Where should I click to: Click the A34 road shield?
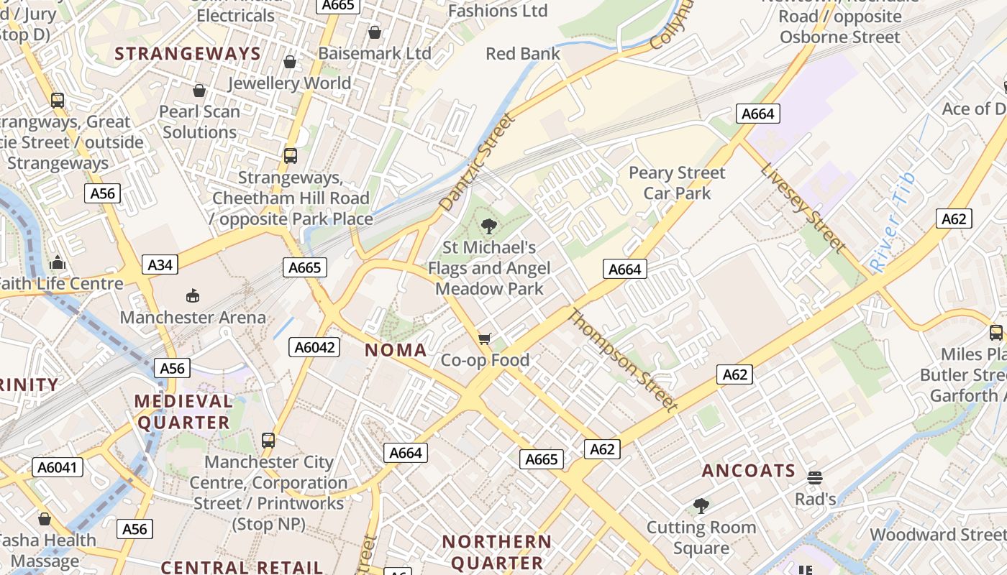point(160,264)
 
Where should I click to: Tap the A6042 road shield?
point(314,347)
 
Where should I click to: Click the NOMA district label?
point(396,350)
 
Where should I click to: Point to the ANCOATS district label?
point(748,471)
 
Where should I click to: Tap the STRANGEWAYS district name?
point(188,54)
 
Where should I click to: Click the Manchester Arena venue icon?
point(192,295)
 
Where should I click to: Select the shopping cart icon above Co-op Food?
point(485,339)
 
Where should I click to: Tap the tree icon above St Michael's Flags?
point(489,226)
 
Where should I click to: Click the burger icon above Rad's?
point(815,478)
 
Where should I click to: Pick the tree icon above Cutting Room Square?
point(701,506)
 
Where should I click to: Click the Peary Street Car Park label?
point(677,183)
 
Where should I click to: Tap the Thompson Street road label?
point(623,360)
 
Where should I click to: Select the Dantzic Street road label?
point(478,162)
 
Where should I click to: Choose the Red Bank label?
point(523,54)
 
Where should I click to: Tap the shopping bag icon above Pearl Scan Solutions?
point(199,91)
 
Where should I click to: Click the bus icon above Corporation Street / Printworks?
point(268,441)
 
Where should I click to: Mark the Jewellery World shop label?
point(290,83)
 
